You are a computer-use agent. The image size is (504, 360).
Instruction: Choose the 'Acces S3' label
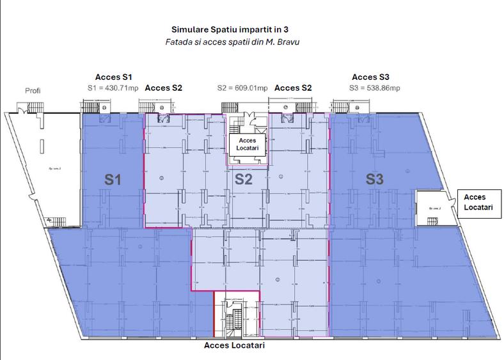[x=370, y=76]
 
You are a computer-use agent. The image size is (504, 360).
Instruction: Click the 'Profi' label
[x=33, y=90]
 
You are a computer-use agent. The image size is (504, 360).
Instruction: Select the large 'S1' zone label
[x=113, y=180]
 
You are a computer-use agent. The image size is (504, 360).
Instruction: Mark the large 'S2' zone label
[x=243, y=179]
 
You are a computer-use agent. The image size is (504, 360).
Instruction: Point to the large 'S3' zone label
[x=374, y=180]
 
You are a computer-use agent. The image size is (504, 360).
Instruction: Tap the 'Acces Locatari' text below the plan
[x=233, y=345]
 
